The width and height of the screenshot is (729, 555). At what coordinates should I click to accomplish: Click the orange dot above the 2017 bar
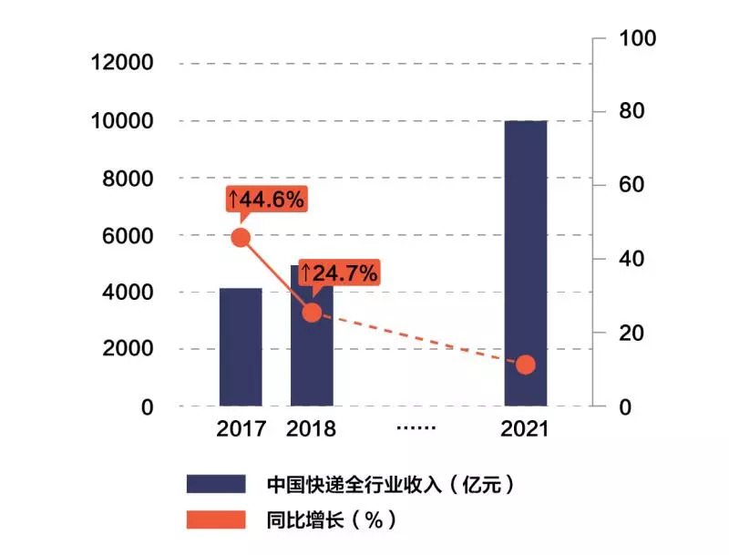click(x=241, y=237)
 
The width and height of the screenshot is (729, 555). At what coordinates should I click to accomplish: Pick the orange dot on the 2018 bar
click(x=312, y=313)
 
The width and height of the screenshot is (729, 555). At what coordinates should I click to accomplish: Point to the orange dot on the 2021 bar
click(x=526, y=365)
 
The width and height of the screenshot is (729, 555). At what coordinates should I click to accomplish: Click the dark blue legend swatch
click(x=216, y=483)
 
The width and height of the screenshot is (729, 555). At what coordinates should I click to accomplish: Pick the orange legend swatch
click(x=216, y=520)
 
